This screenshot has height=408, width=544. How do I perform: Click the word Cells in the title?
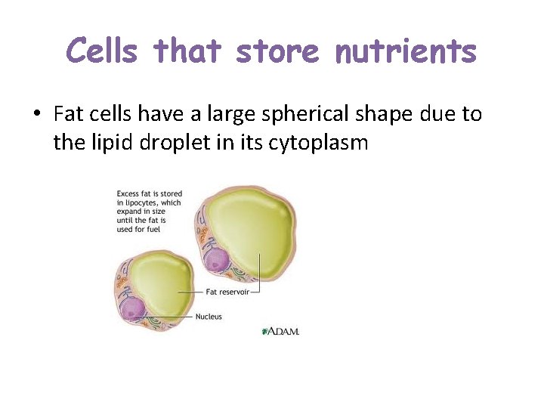102,51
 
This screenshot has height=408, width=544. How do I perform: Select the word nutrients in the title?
406,51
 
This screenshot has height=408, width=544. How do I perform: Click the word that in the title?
188,51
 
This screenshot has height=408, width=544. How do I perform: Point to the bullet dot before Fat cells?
36,115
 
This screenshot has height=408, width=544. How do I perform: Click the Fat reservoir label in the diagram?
227,292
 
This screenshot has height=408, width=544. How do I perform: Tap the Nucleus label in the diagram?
209,317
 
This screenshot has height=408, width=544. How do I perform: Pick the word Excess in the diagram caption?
128,194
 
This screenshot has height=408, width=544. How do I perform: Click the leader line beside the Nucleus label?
174,317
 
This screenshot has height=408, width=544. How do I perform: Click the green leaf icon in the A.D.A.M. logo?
265,331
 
